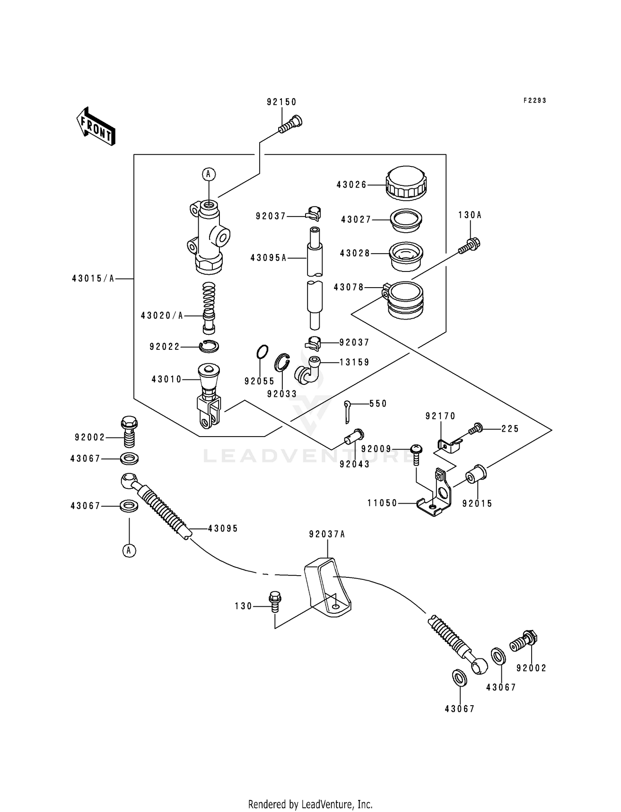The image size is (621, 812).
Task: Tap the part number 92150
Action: (x=282, y=102)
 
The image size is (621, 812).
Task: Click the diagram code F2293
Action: (x=534, y=101)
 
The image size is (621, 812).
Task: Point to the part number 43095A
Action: (x=268, y=258)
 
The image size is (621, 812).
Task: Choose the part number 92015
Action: (x=477, y=504)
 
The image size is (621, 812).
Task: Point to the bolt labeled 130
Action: (x=275, y=601)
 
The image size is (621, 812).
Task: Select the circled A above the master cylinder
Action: (x=209, y=174)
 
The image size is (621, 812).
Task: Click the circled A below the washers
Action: (x=129, y=550)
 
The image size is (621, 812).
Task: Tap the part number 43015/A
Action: (x=93, y=279)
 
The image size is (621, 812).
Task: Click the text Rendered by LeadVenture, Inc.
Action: (x=310, y=804)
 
